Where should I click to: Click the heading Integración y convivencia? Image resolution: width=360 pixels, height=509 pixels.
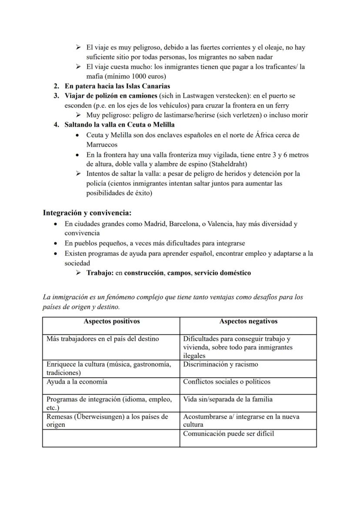coord(87,213)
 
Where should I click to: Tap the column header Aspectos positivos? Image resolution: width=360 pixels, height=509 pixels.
coord(111,322)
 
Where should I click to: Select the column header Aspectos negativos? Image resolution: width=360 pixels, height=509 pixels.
coord(248,322)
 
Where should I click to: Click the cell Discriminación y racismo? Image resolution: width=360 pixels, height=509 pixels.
coord(220,365)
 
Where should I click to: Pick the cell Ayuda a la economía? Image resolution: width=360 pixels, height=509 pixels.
coord(77,382)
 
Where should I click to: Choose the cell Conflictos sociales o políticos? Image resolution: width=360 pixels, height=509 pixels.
coord(227,382)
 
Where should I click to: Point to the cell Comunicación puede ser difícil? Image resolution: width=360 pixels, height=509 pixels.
coord(229,434)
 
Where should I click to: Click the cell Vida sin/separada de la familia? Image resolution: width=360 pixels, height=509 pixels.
coord(228,399)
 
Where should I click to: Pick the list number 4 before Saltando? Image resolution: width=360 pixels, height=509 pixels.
coord(56,125)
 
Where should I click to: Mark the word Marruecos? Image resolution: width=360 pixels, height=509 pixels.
coord(102,144)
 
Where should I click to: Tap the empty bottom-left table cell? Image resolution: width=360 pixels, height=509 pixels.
coord(111,438)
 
